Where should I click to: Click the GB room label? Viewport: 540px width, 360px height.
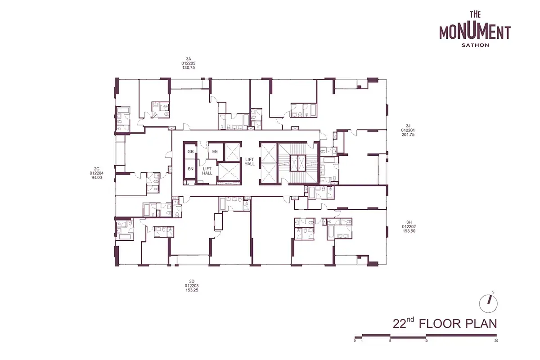(190, 152)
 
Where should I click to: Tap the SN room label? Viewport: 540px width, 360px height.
(190, 169)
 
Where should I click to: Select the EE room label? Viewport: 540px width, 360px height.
(215, 152)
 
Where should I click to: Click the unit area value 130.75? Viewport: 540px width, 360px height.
(189, 68)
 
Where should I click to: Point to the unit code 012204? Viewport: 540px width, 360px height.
(97, 173)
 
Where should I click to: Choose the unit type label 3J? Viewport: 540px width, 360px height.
(408, 126)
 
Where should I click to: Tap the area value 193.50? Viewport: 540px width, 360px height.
(409, 231)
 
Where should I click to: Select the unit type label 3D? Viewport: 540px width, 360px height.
(192, 281)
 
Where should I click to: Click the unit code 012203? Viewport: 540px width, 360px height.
(192, 286)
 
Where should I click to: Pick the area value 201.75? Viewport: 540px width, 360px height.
(408, 135)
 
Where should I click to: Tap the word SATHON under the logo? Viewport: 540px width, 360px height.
(475, 45)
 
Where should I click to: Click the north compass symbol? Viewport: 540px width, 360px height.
(488, 303)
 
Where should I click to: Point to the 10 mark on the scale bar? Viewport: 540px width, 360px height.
(426, 341)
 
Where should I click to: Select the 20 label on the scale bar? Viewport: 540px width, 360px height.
(496, 341)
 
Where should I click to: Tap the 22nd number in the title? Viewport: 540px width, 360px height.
(403, 323)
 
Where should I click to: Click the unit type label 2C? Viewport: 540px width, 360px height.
(97, 169)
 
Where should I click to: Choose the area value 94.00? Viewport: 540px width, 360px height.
(97, 178)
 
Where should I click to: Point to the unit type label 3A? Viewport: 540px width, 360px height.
(189, 59)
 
